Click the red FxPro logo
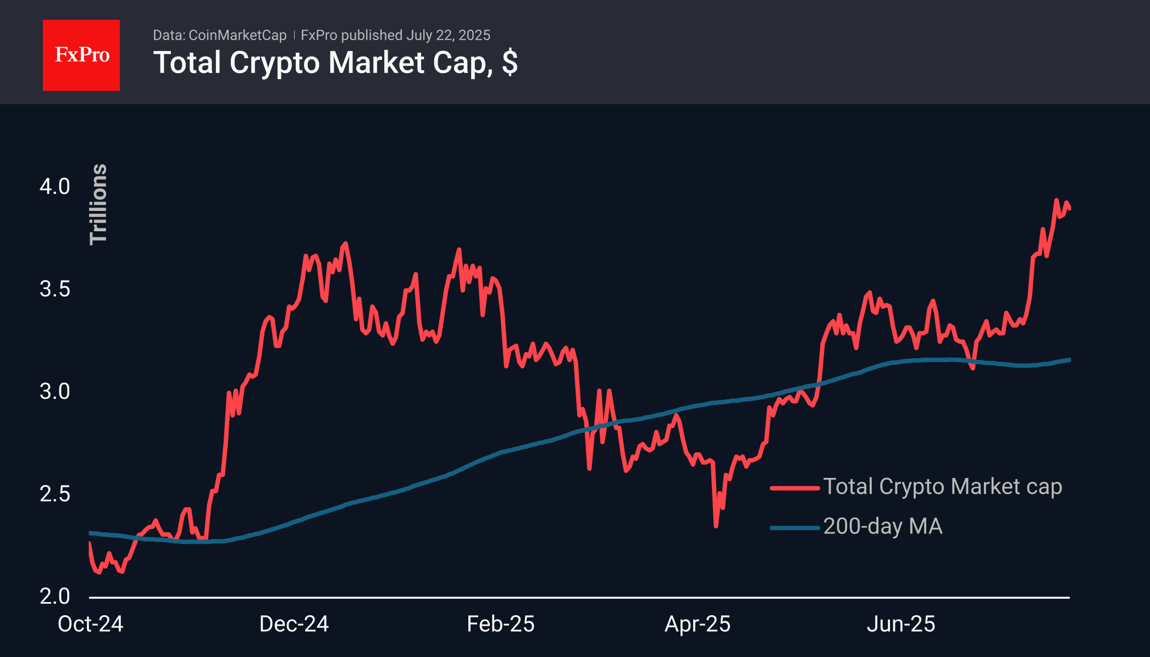click(81, 55)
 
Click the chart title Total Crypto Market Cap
click(335, 63)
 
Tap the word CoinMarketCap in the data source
click(237, 35)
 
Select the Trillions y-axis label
click(98, 204)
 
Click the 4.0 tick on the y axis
click(55, 187)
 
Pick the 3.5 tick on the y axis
click(55, 289)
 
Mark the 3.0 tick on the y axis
click(55, 392)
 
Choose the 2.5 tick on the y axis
click(55, 494)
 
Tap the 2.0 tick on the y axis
click(55, 597)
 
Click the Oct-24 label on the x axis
click(91, 624)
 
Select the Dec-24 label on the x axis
click(294, 624)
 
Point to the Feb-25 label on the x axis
click(501, 624)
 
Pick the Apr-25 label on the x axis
click(698, 624)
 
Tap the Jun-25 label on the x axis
click(901, 624)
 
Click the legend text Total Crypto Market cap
click(942, 487)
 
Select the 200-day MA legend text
click(883, 526)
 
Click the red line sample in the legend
click(795, 488)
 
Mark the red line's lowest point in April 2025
click(716, 526)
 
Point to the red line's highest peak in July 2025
click(1057, 200)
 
